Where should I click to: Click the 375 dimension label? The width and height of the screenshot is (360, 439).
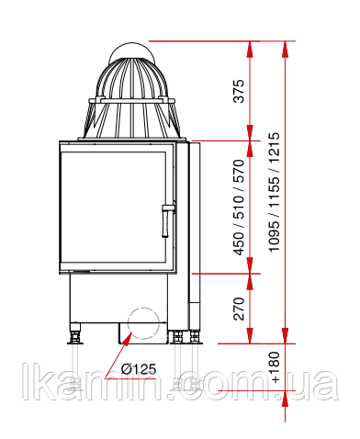[239, 91]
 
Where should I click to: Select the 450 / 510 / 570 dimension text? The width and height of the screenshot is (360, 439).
[239, 208]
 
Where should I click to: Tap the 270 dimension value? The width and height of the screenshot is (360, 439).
[239, 309]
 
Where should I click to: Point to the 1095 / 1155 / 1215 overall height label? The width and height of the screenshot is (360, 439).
[274, 192]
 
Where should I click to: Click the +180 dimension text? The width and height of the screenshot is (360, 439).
[274, 367]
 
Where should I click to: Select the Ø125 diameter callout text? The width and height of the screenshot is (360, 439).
[139, 369]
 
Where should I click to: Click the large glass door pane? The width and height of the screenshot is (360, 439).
[113, 208]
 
